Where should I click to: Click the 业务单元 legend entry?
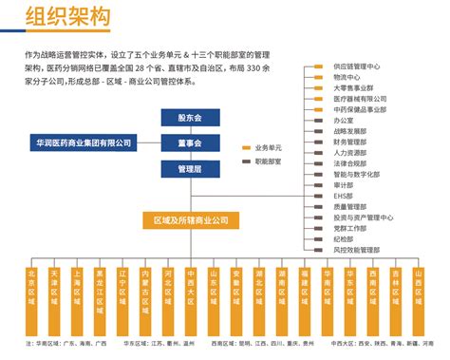(x=269, y=149)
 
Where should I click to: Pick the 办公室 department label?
(x=345, y=121)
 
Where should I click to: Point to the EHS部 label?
(x=345, y=195)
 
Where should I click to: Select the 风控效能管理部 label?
(x=358, y=249)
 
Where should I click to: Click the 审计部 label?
(x=345, y=185)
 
